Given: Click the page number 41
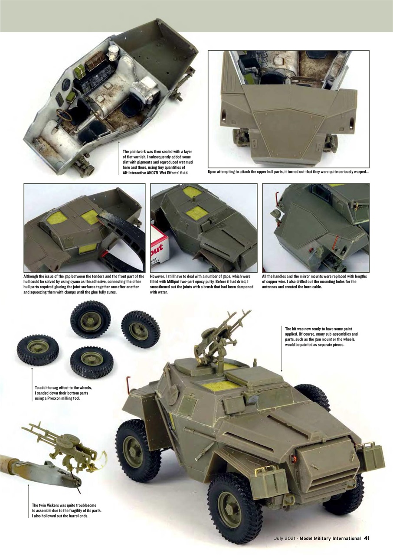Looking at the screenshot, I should point(367,538).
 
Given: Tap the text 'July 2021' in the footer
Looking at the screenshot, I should point(285,539).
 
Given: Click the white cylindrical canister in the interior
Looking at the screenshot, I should point(115,53).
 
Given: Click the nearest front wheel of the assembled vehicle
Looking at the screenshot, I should point(234,501).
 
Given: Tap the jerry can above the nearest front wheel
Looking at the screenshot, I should point(272,481).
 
